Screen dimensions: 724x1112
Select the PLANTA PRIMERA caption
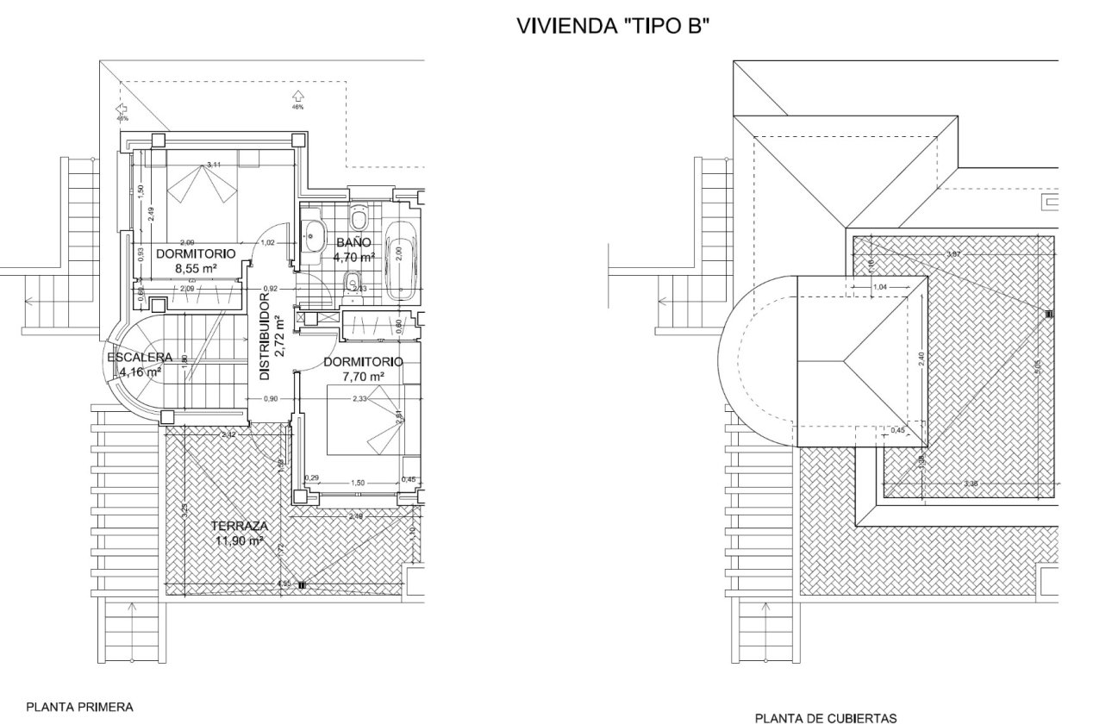[x=80, y=707]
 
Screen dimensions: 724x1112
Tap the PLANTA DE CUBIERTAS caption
[x=826, y=717]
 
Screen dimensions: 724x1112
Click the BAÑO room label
[x=353, y=243]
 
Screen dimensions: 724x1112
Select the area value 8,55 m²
[x=196, y=268]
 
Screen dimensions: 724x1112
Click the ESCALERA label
[x=140, y=357]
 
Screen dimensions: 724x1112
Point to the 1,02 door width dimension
[x=267, y=243]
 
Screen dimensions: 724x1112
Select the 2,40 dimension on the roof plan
[x=921, y=359]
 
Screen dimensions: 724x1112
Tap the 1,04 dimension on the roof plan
[x=880, y=286]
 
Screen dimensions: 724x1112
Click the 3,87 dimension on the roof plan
[x=953, y=253]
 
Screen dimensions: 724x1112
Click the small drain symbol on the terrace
[x=302, y=585]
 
